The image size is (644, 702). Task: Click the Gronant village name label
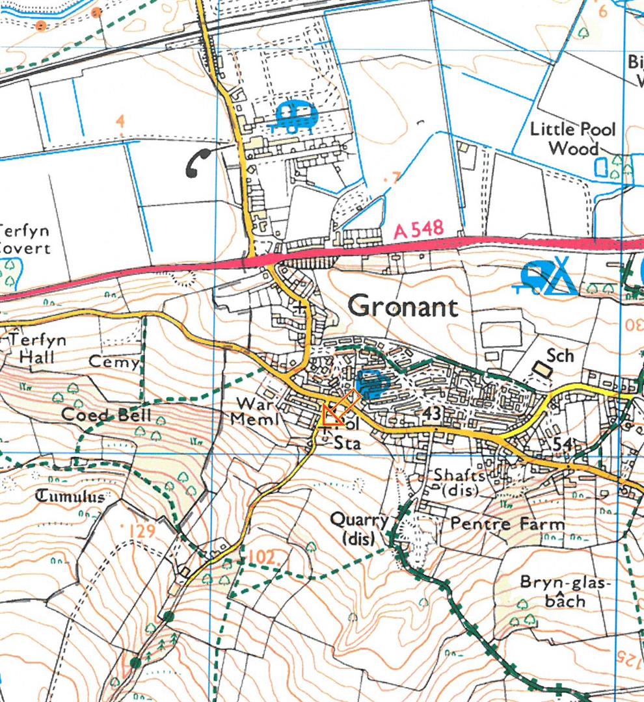pyautogui.click(x=403, y=305)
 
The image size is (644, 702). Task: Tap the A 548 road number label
pyautogui.click(x=419, y=229)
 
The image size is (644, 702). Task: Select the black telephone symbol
pyautogui.click(x=198, y=162)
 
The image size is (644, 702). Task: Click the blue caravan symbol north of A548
pyautogui.click(x=296, y=116)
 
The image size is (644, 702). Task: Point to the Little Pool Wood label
pyautogui.click(x=572, y=138)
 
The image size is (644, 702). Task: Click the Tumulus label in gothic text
pyautogui.click(x=70, y=497)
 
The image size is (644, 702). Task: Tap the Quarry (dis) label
pyautogui.click(x=359, y=528)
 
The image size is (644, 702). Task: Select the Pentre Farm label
pyautogui.click(x=498, y=523)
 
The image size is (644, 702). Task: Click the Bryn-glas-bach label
pyautogui.click(x=566, y=591)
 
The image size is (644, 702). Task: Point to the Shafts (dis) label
pyautogui.click(x=459, y=483)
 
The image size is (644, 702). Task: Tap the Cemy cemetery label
pyautogui.click(x=122, y=362)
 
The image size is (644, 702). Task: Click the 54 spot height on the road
pyautogui.click(x=563, y=444)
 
